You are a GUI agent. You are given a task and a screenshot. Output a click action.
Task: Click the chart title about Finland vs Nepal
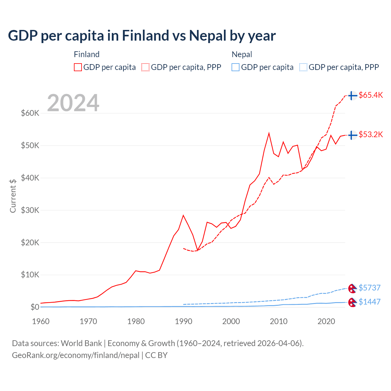click(142, 36)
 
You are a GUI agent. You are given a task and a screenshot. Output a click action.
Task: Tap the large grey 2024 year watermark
click(73, 103)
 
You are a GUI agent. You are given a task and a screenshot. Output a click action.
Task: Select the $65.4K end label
click(371, 95)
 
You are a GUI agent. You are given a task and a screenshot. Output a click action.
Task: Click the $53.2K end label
click(371, 134)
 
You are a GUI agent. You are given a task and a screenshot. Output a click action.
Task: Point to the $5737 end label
click(369, 288)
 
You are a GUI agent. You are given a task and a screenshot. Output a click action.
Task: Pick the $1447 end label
click(369, 302)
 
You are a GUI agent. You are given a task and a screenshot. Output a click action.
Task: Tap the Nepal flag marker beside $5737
click(352, 288)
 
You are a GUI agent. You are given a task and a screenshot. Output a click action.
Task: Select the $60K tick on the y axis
click(30, 113)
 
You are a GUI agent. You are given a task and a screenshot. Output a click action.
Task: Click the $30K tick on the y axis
click(30, 210)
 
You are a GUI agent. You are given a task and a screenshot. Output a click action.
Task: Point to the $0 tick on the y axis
click(35, 307)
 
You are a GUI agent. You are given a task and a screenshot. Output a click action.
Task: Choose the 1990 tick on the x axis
click(183, 321)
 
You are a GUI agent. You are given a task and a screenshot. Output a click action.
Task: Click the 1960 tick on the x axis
click(41, 321)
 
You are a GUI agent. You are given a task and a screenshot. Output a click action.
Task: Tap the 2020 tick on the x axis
click(326, 321)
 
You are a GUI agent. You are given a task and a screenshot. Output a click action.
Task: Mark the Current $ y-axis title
click(13, 196)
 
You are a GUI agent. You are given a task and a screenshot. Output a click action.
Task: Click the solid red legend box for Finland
click(78, 67)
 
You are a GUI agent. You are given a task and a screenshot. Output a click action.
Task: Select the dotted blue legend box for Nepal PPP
click(303, 67)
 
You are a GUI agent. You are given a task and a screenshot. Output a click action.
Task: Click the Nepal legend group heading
click(242, 54)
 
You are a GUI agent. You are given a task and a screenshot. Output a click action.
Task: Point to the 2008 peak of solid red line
click(269, 133)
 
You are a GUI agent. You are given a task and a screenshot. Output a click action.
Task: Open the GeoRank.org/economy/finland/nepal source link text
click(75, 355)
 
